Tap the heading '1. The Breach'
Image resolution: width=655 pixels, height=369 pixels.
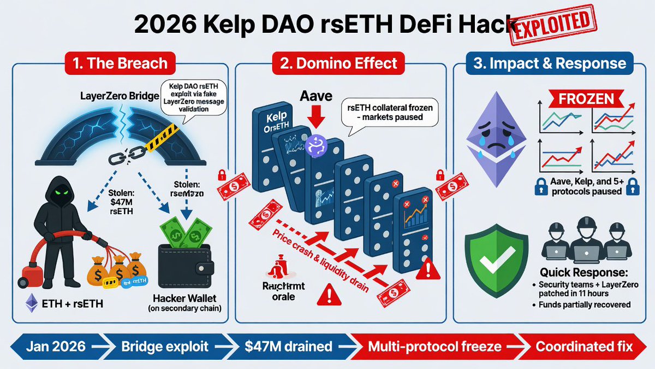tap(120, 64)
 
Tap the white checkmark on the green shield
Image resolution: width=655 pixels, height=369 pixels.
tap(496, 254)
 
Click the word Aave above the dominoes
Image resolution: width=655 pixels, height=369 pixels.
tap(316, 97)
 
